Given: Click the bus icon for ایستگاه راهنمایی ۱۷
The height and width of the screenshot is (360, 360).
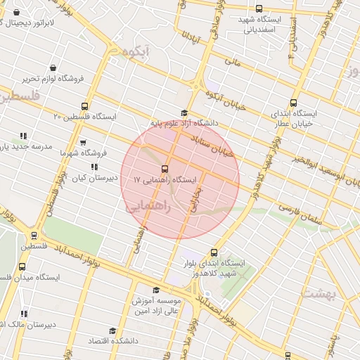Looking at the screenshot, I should tap(165, 169).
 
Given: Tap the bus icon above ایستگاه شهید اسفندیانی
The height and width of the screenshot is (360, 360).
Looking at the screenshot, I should tap(259, 9).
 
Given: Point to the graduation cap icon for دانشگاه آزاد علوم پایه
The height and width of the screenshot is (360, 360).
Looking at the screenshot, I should tap(185, 112).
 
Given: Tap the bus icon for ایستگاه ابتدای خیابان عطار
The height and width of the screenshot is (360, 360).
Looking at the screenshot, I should tap(293, 103).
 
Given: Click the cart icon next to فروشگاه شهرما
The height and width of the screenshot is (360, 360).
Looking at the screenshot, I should tap(83, 143).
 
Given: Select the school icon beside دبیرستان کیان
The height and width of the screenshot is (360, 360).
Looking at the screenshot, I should tap(94, 167).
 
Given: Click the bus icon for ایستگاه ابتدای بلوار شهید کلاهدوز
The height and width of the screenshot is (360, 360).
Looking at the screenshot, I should tap(214, 253).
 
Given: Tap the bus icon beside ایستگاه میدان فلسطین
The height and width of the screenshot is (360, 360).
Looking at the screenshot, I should tap(22, 266).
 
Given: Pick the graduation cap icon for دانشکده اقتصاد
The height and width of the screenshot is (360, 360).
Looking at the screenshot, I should tap(112, 330).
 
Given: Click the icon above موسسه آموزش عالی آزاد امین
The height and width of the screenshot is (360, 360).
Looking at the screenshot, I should tap(155, 290).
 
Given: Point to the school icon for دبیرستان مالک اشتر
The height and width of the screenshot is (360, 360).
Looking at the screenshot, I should tap(24, 314).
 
